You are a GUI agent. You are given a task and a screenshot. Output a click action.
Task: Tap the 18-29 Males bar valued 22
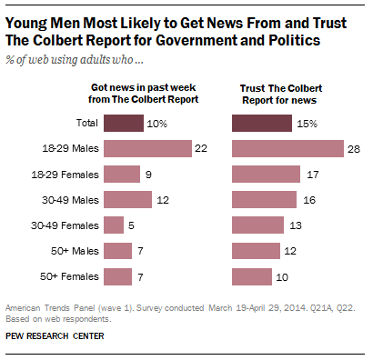coord(147,148)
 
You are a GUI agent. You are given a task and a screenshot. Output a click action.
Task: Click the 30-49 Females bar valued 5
coord(115,225)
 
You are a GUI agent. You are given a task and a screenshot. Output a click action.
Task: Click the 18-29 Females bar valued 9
coord(122,174)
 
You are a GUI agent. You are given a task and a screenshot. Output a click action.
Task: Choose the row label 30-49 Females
coord(66,225)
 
